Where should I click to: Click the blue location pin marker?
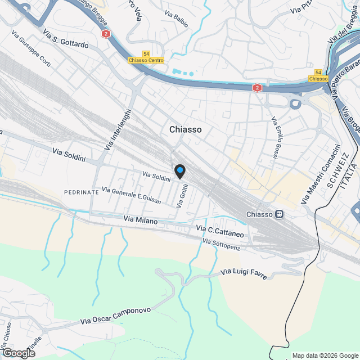point(179,170)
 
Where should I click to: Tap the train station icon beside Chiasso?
point(279,214)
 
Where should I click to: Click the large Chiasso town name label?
point(186,129)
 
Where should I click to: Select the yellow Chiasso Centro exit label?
point(146,60)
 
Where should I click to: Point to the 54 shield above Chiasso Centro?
point(146,53)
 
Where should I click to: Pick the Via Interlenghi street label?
point(117,129)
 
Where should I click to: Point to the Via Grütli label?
point(182,196)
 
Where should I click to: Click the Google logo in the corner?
point(18,353)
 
